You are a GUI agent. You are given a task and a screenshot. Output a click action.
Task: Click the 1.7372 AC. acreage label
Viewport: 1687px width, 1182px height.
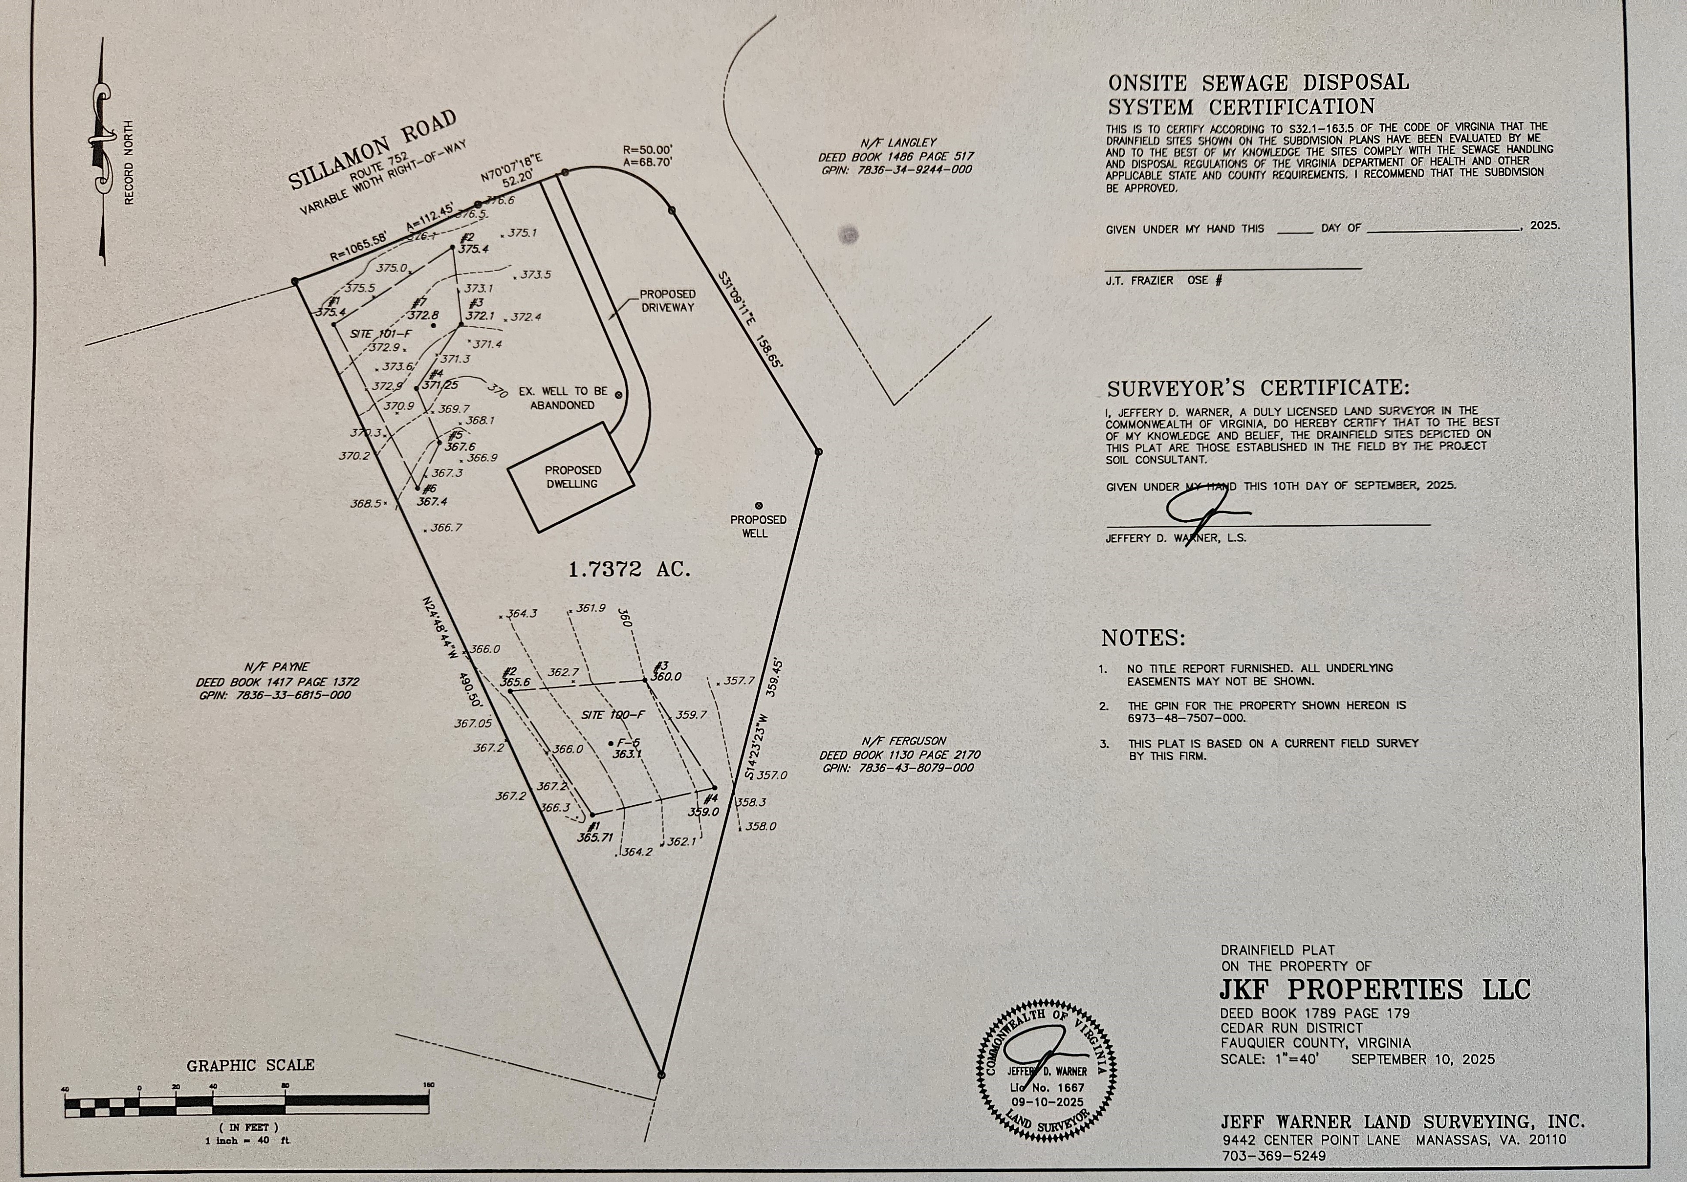click(630, 569)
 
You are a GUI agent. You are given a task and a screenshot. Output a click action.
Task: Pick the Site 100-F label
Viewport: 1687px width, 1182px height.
click(613, 715)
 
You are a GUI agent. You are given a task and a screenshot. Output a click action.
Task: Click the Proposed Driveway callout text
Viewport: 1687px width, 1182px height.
click(667, 300)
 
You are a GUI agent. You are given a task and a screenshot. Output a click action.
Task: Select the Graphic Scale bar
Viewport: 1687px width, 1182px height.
click(247, 1104)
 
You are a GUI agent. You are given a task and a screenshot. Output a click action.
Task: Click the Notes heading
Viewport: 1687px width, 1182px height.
click(1143, 637)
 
